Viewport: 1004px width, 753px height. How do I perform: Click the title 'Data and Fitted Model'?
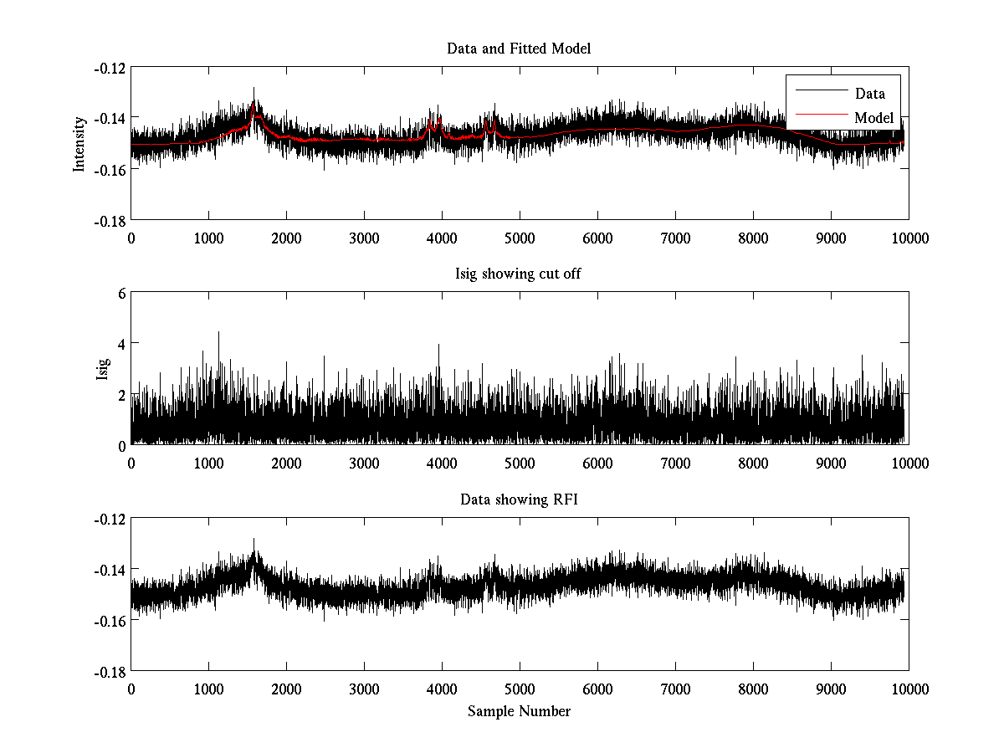(x=519, y=49)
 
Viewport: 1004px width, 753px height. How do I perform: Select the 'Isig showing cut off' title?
(x=519, y=274)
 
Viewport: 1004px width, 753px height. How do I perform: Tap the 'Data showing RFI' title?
(x=519, y=500)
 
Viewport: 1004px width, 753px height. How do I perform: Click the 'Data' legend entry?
(x=869, y=94)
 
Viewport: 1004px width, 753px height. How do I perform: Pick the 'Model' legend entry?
(x=873, y=118)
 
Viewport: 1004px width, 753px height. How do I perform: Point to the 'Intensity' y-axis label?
(x=79, y=144)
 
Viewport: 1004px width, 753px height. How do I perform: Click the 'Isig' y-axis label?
(x=102, y=369)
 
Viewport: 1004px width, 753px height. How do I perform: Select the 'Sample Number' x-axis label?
(x=519, y=711)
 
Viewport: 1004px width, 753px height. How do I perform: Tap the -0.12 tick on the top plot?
(x=109, y=68)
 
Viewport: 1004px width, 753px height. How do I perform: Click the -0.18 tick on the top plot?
(x=109, y=220)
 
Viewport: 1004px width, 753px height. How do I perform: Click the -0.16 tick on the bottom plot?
(x=109, y=621)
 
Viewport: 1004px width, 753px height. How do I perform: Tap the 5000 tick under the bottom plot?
(x=520, y=689)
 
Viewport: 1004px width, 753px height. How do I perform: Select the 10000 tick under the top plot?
(x=909, y=238)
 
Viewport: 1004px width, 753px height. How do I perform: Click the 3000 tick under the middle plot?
(x=364, y=463)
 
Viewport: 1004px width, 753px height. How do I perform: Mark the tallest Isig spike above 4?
(x=218, y=332)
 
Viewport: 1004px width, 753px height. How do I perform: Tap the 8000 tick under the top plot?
(x=753, y=238)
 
